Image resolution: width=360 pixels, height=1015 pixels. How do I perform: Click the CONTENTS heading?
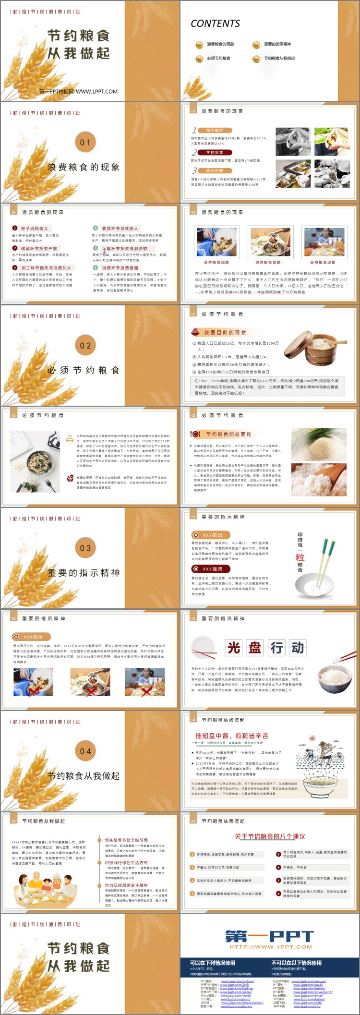[215, 24]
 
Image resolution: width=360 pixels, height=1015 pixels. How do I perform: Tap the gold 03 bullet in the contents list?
[256, 45]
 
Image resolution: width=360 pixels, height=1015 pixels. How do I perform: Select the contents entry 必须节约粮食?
[218, 59]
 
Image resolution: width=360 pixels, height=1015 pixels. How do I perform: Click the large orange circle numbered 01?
[85, 142]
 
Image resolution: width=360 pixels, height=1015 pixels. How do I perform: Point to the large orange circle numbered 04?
[85, 751]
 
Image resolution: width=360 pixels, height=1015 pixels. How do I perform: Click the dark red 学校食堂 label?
[215, 152]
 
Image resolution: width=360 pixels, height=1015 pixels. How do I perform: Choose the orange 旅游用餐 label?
[215, 170]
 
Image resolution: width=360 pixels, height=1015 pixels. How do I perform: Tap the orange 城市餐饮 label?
[215, 130]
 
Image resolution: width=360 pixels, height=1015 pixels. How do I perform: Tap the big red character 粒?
[300, 557]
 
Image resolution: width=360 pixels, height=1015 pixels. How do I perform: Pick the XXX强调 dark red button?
[212, 569]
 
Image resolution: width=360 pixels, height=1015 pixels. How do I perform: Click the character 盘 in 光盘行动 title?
[255, 648]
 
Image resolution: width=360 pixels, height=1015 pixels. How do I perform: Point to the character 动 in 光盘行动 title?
[298, 648]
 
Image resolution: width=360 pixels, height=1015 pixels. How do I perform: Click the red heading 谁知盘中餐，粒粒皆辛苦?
[231, 736]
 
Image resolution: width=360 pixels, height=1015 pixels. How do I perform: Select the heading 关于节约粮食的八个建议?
[270, 836]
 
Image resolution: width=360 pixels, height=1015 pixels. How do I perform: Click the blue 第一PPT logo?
[270, 936]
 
